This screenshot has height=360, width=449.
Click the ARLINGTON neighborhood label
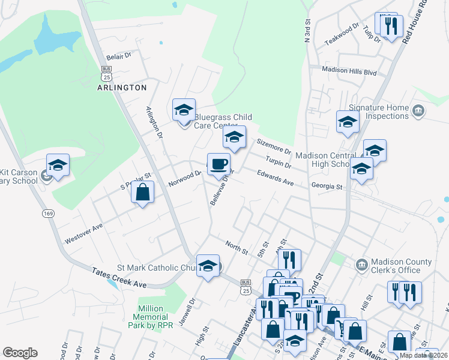122,88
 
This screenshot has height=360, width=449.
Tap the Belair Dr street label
118,56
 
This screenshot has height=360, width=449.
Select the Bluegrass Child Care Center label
222,121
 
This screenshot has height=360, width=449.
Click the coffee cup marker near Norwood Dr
218,164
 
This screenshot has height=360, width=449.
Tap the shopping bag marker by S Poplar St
142,194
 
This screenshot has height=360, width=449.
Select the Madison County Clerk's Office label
401,266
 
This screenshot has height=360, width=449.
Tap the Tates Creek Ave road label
119,277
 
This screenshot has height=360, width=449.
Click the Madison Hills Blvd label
349,71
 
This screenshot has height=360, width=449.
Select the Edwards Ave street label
275,178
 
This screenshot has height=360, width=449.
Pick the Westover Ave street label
84,233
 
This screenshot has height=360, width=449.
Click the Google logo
20,353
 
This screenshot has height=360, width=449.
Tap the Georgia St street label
327,187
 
